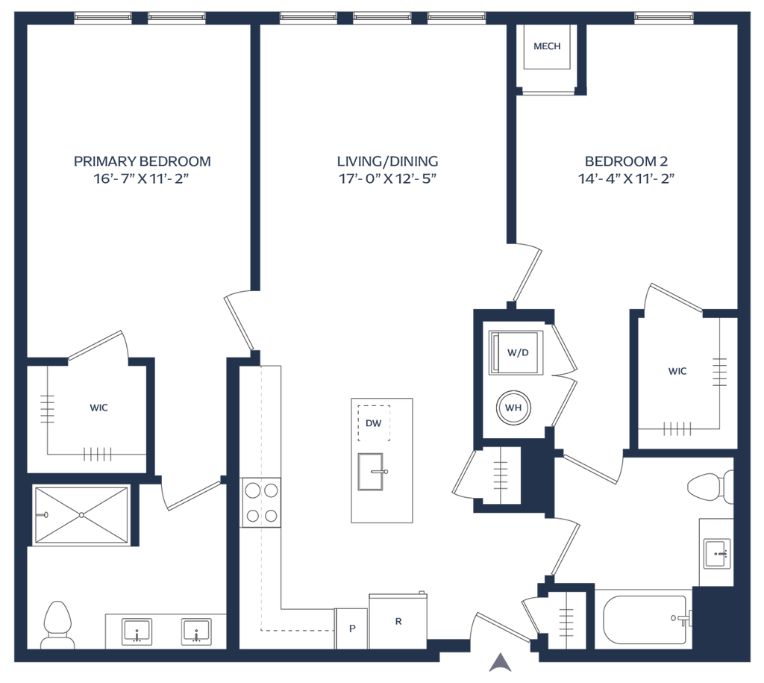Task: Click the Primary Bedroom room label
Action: (143, 160)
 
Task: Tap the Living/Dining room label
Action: (387, 160)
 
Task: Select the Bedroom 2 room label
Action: (626, 160)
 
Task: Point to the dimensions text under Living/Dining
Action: (387, 179)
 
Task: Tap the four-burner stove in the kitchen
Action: (260, 502)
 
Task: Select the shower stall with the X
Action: (81, 515)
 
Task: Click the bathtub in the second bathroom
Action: (646, 619)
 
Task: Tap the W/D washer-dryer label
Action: (517, 352)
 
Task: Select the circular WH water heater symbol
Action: (513, 407)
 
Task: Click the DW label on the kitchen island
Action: (374, 423)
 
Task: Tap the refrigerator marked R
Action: (398, 620)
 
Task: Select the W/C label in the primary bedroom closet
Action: (98, 408)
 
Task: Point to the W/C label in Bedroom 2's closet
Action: (677, 371)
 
